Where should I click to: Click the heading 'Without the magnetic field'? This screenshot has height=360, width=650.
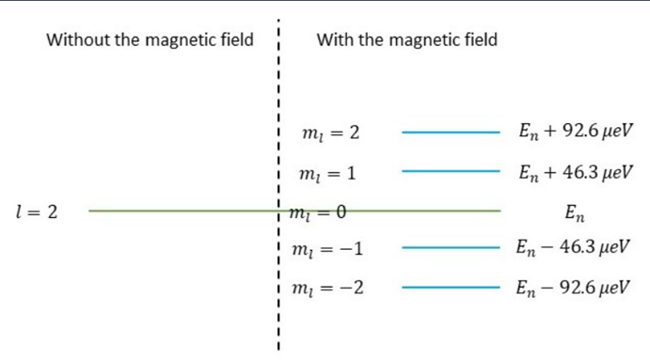point(150,39)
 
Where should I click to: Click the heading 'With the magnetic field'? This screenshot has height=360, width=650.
point(407,39)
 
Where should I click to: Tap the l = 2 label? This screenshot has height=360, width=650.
point(37,212)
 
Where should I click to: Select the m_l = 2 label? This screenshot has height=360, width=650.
point(331,133)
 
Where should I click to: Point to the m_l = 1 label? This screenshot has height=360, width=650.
point(327,173)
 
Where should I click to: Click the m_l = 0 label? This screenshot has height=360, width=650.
point(318,212)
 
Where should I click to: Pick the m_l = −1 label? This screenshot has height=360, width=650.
point(327,249)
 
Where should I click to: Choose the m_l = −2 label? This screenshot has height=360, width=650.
point(328,288)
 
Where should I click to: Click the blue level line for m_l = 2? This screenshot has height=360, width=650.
point(451,133)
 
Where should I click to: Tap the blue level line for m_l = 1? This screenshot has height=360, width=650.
point(451,171)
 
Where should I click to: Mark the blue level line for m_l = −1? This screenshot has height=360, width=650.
point(451,248)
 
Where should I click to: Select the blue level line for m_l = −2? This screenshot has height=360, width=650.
point(451,287)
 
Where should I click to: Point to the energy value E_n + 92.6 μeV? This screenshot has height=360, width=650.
point(576,132)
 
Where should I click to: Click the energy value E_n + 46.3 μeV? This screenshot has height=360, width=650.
point(576,172)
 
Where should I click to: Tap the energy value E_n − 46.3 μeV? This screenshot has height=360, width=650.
point(573,248)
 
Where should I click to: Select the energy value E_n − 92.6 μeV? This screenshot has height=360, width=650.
point(573,288)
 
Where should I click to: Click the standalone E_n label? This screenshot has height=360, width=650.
point(575,213)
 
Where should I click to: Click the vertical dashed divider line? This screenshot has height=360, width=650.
point(278,185)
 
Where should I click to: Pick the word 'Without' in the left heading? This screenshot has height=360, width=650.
point(78,39)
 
